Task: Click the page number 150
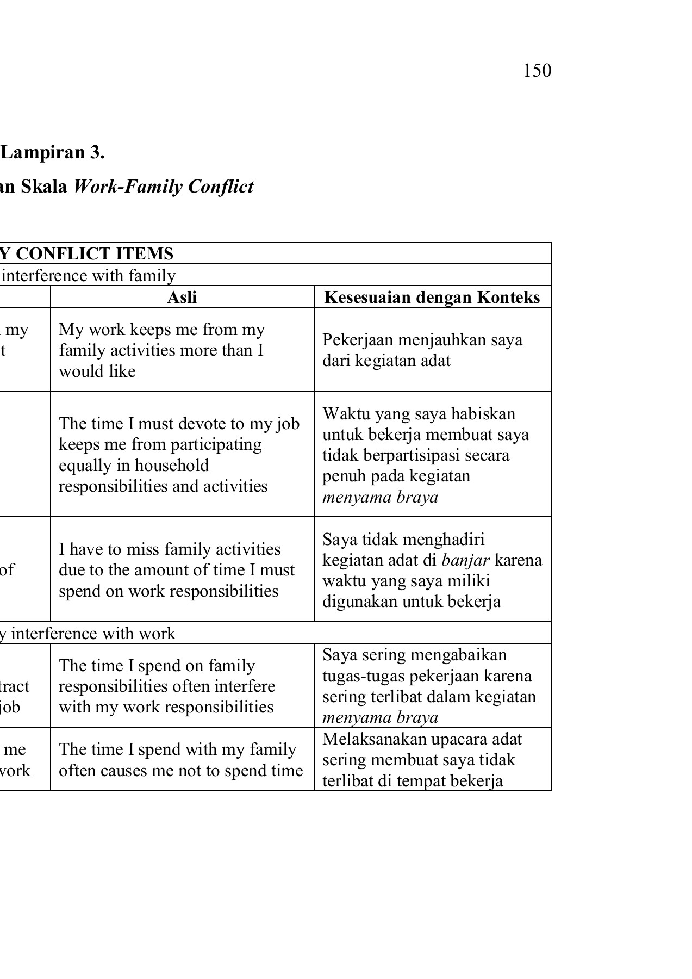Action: click(537, 71)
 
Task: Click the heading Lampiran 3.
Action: click(53, 153)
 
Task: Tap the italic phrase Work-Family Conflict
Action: click(163, 187)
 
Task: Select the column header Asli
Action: click(182, 297)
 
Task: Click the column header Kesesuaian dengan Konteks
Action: click(432, 297)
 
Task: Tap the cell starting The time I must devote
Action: click(179, 454)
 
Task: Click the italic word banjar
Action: click(465, 560)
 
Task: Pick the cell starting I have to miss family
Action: click(177, 570)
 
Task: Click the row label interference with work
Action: click(93, 634)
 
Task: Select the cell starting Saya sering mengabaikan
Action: click(429, 685)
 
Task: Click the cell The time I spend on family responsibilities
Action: click(167, 686)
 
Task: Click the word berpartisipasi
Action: click(396, 455)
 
